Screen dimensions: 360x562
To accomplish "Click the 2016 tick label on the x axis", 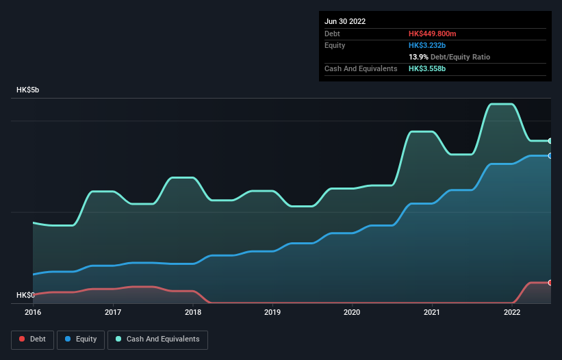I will pyautogui.click(x=33, y=312).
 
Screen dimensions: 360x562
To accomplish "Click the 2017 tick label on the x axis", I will pyautogui.click(x=113, y=312).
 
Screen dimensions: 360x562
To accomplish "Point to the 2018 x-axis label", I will pyautogui.click(x=193, y=312).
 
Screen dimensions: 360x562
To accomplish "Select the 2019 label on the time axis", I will pyautogui.click(x=272, y=312).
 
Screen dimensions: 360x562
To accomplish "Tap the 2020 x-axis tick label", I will pyautogui.click(x=352, y=312).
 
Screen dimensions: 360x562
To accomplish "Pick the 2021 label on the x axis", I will pyautogui.click(x=432, y=312).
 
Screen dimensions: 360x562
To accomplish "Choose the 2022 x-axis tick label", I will pyautogui.click(x=512, y=312).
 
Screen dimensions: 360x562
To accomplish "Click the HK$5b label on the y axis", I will pyautogui.click(x=28, y=90).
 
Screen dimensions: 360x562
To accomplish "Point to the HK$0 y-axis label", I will pyautogui.click(x=25, y=295).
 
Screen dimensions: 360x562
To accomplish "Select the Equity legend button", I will pyautogui.click(x=81, y=339).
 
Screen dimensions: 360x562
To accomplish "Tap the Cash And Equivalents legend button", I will pyautogui.click(x=157, y=339).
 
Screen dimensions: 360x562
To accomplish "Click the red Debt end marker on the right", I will pyautogui.click(x=550, y=283).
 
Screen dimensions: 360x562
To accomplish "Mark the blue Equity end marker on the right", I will pyautogui.click(x=550, y=156).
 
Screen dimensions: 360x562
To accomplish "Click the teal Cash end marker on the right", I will pyautogui.click(x=550, y=141).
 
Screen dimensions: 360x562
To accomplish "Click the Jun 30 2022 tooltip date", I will pyautogui.click(x=345, y=21).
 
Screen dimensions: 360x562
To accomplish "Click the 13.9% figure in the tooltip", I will pyautogui.click(x=418, y=57).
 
